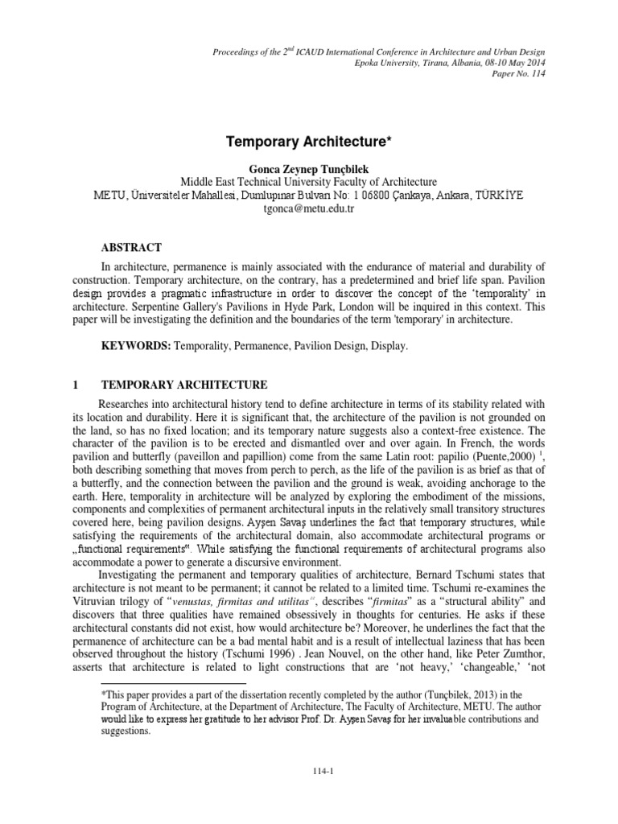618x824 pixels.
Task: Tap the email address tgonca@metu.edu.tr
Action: click(308, 208)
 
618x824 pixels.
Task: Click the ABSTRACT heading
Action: click(130, 248)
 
